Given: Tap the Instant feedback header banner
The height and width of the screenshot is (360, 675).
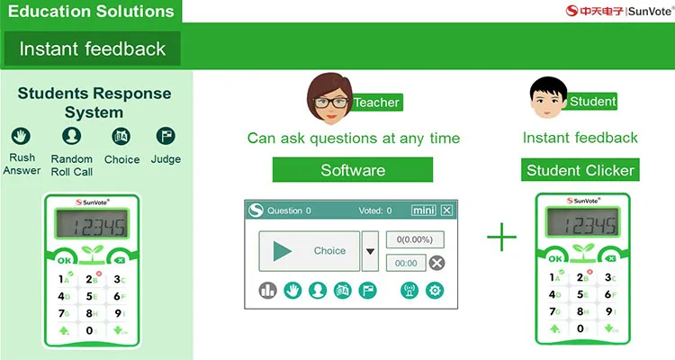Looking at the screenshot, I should [x=92, y=49].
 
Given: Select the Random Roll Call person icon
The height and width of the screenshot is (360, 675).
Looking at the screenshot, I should [x=72, y=136].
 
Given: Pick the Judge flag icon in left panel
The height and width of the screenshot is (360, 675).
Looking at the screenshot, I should [x=166, y=136].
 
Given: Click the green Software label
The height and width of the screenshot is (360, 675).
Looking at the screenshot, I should [x=353, y=169].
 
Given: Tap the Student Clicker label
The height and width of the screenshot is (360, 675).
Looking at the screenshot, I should [x=580, y=169].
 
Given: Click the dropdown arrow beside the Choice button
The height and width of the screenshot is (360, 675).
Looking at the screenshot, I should [x=370, y=251].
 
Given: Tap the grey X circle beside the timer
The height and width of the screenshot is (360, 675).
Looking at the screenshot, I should [x=436, y=263].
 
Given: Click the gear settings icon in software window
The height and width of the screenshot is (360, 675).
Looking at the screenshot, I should [x=435, y=290].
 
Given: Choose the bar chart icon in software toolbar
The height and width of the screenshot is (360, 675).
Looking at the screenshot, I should [x=267, y=290].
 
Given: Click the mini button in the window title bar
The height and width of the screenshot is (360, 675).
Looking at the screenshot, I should [x=422, y=211].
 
